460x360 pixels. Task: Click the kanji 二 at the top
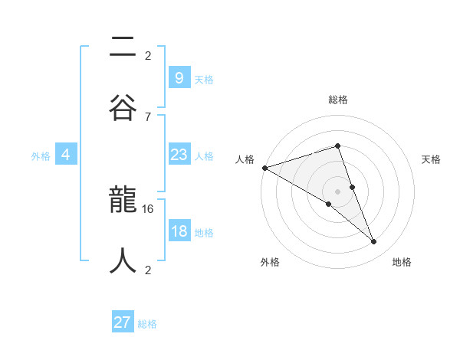pyautogui.click(x=123, y=48)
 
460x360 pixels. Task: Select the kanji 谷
pyautogui.click(x=123, y=103)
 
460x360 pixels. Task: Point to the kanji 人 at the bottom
pyautogui.click(x=123, y=259)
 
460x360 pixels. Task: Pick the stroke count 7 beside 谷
pyautogui.click(x=147, y=116)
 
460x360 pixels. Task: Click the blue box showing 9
pyautogui.click(x=179, y=77)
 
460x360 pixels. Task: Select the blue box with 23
pyautogui.click(x=179, y=155)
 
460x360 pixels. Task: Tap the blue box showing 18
pyautogui.click(x=179, y=231)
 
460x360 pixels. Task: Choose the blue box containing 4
pyautogui.click(x=66, y=155)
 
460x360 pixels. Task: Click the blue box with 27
pyautogui.click(x=123, y=322)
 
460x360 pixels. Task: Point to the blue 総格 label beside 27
pyautogui.click(x=147, y=324)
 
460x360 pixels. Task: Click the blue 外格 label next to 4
pyautogui.click(x=41, y=156)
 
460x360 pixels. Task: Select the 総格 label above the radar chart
pyautogui.click(x=337, y=100)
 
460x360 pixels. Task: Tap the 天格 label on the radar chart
pyautogui.click(x=431, y=159)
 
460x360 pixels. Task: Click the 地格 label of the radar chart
pyautogui.click(x=402, y=262)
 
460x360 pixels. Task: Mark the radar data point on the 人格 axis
pyautogui.click(x=264, y=167)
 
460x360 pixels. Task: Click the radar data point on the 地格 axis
pyautogui.click(x=373, y=241)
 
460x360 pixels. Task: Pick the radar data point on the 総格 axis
pyautogui.click(x=337, y=146)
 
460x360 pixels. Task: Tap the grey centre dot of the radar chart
pyautogui.click(x=337, y=191)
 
